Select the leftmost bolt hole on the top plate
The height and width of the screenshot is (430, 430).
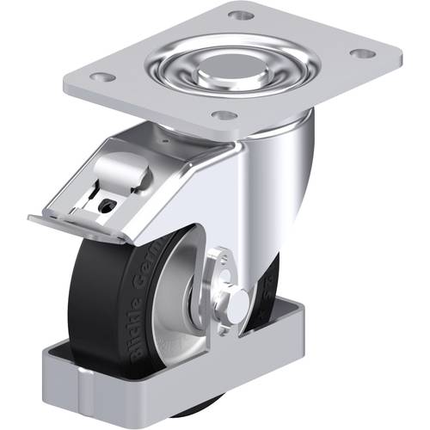(102, 77)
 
